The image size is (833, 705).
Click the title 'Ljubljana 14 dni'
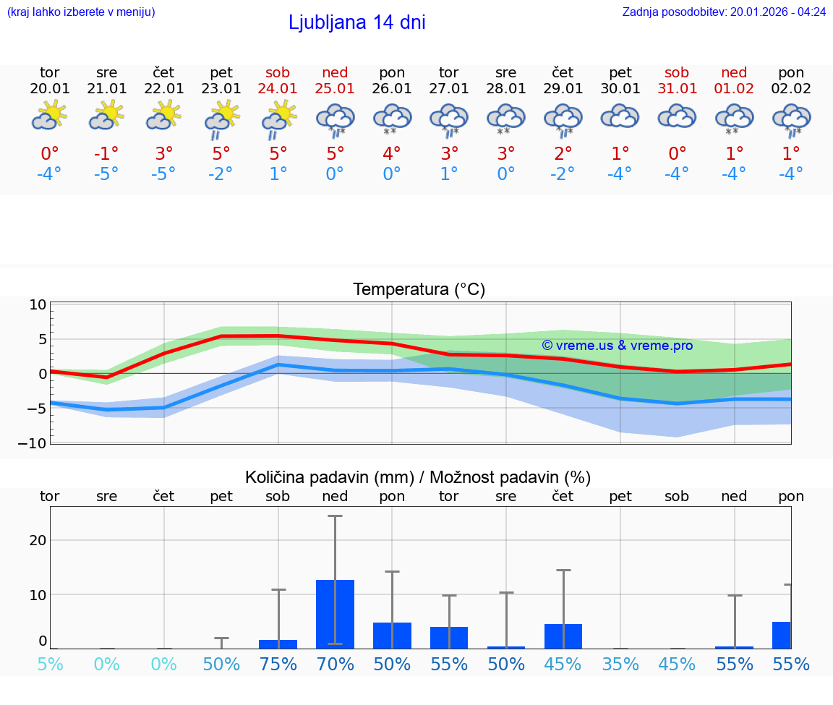356,22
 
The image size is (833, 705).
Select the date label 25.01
335,89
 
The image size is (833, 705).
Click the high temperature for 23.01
221,154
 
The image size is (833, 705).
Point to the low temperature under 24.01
278,174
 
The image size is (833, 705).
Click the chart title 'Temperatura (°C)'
419,290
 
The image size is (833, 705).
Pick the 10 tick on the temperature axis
38,305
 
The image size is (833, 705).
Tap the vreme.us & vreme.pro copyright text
617,346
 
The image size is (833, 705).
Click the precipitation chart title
418,477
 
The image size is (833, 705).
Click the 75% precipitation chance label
278,665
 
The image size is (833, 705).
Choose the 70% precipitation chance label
335,665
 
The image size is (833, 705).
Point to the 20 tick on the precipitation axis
38,540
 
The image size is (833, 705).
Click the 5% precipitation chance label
50,665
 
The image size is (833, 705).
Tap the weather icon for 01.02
734,118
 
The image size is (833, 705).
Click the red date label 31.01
678,89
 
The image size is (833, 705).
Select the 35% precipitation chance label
620,665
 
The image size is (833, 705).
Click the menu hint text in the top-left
80,12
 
